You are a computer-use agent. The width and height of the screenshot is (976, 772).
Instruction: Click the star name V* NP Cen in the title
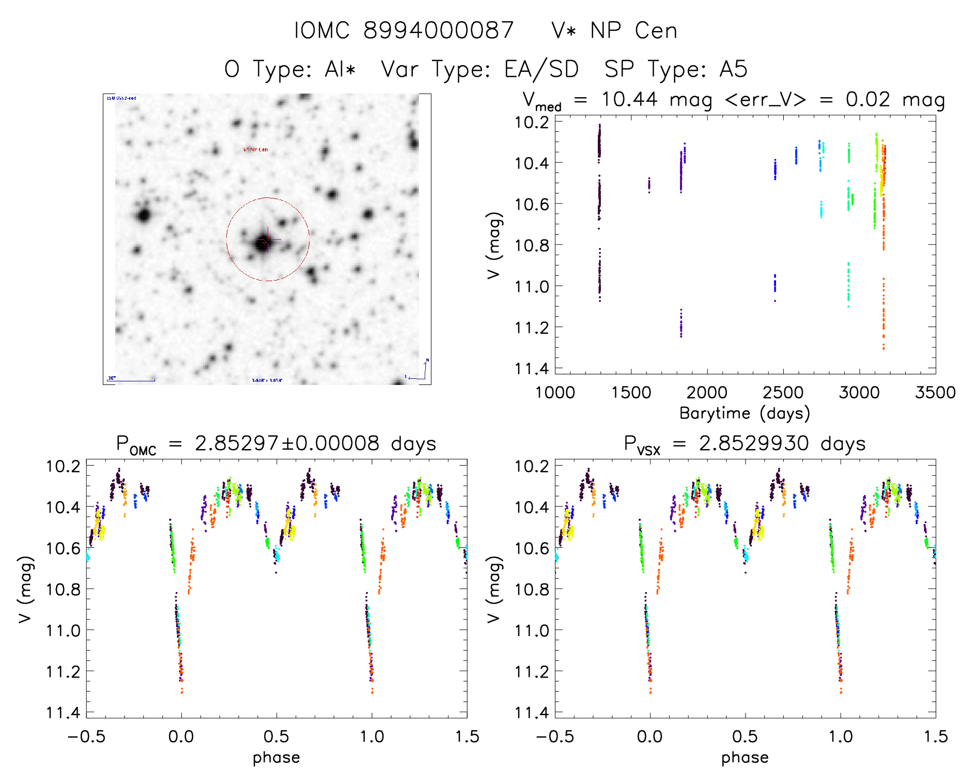[x=614, y=30]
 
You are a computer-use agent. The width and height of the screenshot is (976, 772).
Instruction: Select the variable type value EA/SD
[x=541, y=69]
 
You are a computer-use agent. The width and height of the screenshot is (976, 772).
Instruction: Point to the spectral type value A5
[x=733, y=69]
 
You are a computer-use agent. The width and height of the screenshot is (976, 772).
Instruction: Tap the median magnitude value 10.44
[x=629, y=99]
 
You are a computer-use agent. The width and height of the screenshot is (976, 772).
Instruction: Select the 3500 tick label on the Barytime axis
[x=935, y=393]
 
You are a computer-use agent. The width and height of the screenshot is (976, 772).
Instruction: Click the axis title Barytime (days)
[x=745, y=413]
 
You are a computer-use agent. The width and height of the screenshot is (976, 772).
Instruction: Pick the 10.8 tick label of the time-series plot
[x=532, y=245]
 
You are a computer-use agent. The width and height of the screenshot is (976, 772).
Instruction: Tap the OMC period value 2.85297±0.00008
[x=287, y=443]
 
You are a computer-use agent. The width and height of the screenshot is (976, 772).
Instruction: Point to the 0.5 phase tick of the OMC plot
[x=276, y=737]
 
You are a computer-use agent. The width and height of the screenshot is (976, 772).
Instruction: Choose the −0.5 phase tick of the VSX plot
[x=555, y=737]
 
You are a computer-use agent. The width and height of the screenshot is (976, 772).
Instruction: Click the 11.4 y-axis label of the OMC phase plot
[x=63, y=713]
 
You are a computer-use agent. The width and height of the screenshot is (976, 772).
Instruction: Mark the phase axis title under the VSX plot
[x=745, y=758]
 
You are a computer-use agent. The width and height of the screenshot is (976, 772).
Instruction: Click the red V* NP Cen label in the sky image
[x=256, y=150]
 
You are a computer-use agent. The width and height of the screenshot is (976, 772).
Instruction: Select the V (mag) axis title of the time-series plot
[x=494, y=245]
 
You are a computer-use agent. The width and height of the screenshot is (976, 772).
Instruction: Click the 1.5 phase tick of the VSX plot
[x=935, y=737]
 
